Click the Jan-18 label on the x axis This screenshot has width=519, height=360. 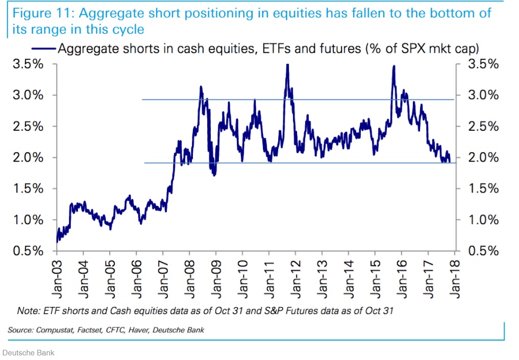[454, 278]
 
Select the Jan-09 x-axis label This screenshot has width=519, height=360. [216, 278]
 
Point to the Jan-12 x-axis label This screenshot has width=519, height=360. [295, 278]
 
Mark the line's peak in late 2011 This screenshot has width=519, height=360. [288, 65]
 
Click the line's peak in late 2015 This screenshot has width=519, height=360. [393, 66]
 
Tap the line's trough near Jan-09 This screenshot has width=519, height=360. [214, 175]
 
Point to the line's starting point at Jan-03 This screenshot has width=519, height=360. [57, 241]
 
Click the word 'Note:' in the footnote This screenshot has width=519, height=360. [27, 310]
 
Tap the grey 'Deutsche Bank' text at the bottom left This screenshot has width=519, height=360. [29, 352]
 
